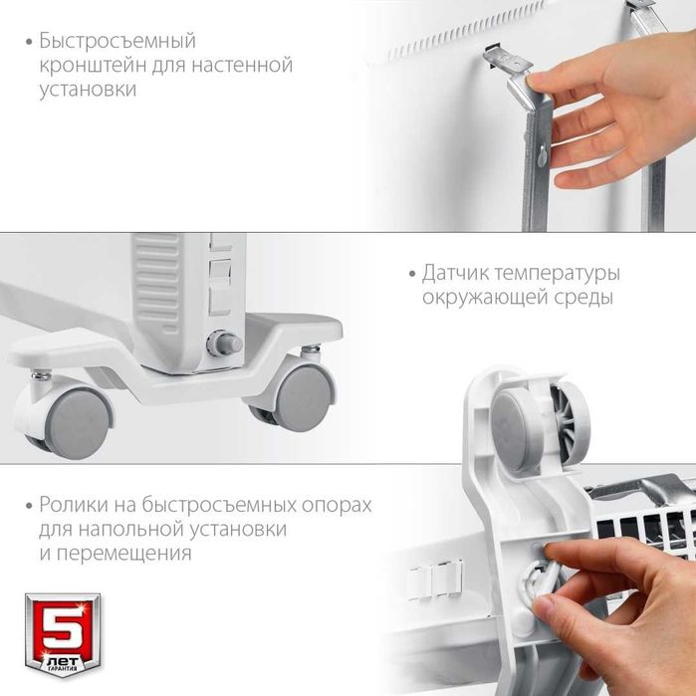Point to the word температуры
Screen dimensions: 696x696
(x=559, y=273)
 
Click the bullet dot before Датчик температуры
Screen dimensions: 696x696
(x=410, y=274)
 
